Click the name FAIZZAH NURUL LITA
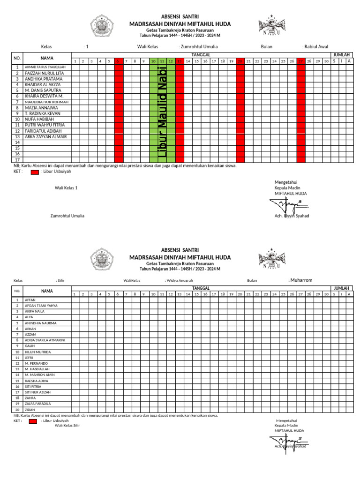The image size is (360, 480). tap(45, 74)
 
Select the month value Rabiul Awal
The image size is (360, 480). tap(316, 47)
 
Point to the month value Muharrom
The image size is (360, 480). tap(301, 280)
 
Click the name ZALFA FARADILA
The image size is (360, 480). tap(37, 403)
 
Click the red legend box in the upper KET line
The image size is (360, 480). tap(35, 172)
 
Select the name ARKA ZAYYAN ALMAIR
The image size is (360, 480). tap(45, 136)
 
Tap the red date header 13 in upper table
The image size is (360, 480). tap(179, 61)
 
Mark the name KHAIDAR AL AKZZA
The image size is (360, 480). tap(43, 85)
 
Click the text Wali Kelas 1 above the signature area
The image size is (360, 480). tap(66, 187)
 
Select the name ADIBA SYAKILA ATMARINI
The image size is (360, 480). tap(45, 340)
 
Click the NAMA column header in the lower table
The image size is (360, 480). tap(47, 291)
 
